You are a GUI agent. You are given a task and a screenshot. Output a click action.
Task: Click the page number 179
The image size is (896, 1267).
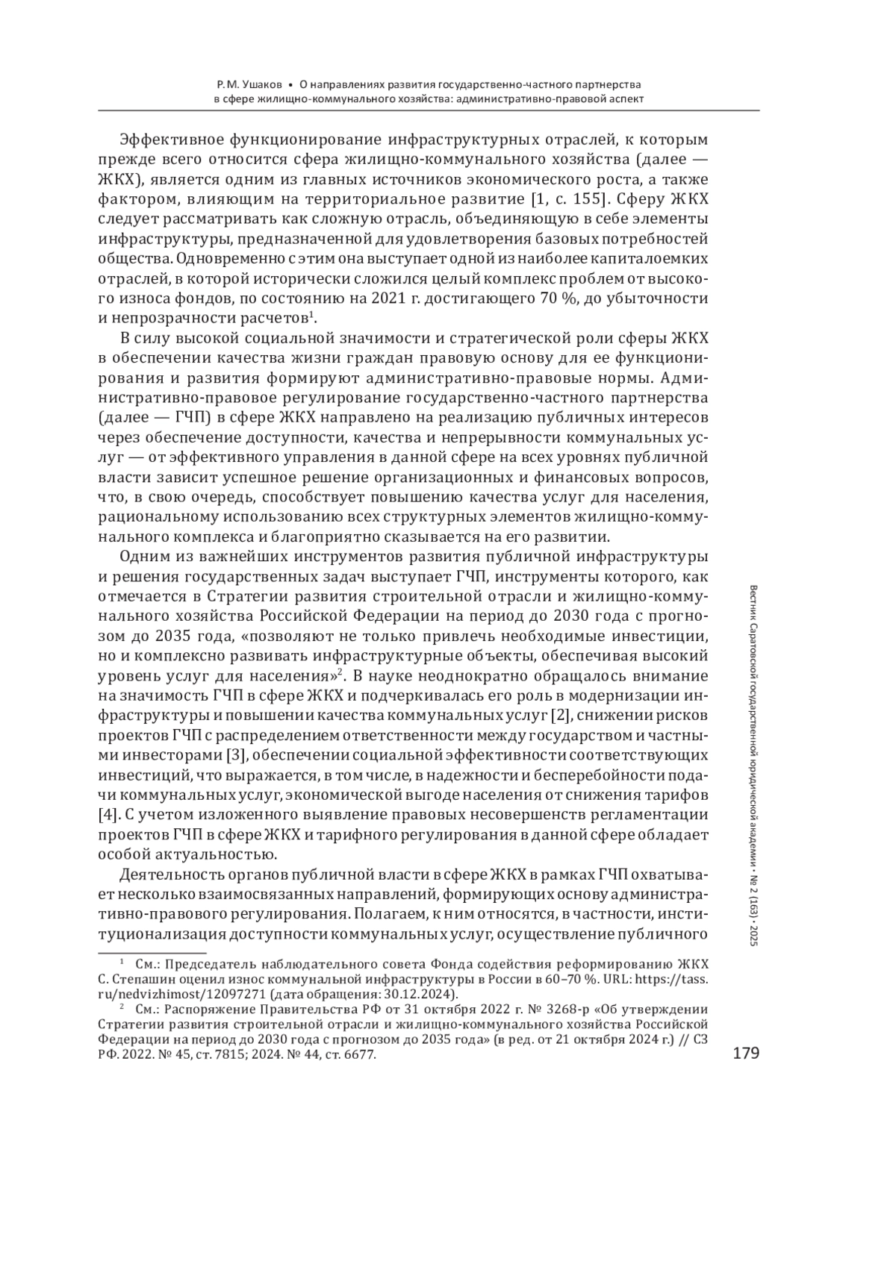pyautogui.click(x=745, y=1053)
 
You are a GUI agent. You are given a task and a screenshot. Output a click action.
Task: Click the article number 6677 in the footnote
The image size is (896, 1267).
pyautogui.click(x=360, y=1057)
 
